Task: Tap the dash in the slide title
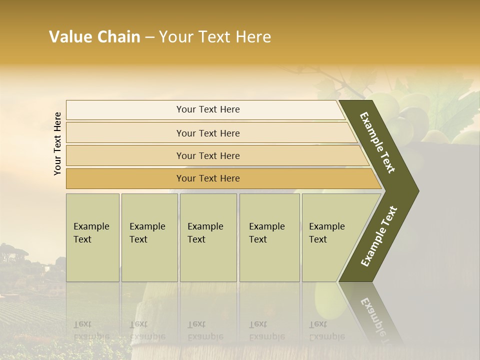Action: pyautogui.click(x=149, y=37)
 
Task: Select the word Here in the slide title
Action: pyautogui.click(x=253, y=37)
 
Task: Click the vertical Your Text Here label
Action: pyautogui.click(x=57, y=143)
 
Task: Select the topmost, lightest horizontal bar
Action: pyautogui.click(x=207, y=110)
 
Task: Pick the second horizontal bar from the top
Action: pyautogui.click(x=207, y=133)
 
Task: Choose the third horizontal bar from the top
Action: pyautogui.click(x=207, y=156)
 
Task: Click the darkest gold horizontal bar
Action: pyautogui.click(x=207, y=178)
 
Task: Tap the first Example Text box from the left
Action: pyautogui.click(x=92, y=237)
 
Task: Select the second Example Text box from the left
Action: pyautogui.click(x=149, y=237)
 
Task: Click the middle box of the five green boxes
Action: pyautogui.click(x=208, y=237)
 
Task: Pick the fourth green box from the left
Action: pyautogui.click(x=269, y=237)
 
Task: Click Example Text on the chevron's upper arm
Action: pyautogui.click(x=377, y=142)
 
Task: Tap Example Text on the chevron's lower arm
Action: pyautogui.click(x=378, y=236)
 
